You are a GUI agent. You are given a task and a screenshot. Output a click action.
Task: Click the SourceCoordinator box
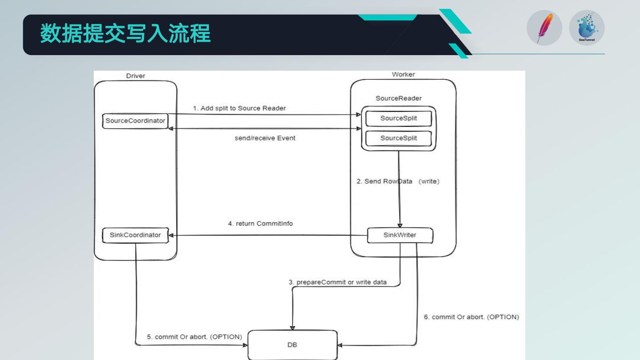135,120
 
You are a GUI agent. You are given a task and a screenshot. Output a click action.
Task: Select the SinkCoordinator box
135,235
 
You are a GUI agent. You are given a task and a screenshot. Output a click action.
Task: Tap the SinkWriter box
400,235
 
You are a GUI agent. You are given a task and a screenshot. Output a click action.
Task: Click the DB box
292,344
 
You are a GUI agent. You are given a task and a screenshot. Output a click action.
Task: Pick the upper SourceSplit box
398,119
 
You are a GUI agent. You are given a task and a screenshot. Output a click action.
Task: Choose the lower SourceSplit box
398,138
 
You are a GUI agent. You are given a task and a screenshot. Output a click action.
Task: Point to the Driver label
136,76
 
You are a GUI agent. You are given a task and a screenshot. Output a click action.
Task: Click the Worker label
403,74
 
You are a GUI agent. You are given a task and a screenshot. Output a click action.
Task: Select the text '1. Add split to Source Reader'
239,108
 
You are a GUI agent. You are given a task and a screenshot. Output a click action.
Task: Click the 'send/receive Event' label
265,138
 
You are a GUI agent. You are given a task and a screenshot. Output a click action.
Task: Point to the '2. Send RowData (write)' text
398,181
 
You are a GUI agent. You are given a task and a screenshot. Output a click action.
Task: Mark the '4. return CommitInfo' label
260,224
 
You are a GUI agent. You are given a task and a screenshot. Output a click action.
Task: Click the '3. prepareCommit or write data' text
338,282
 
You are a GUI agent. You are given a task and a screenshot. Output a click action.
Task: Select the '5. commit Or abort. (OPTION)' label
195,337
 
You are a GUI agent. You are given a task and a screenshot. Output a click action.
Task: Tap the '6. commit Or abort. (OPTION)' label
471,317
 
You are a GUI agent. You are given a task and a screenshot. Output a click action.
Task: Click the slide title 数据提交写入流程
126,34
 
